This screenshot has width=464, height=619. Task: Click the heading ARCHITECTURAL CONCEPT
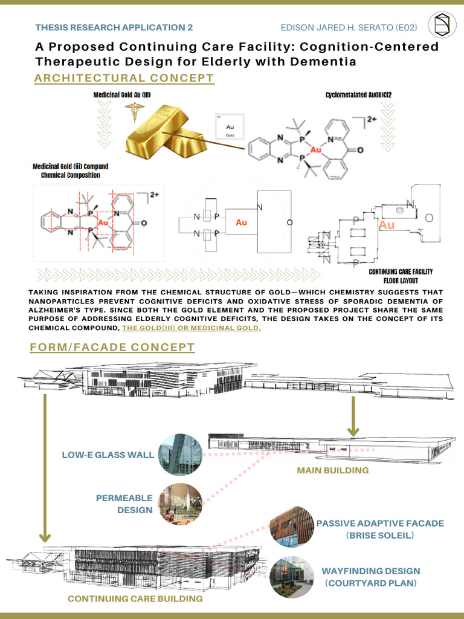[124, 78]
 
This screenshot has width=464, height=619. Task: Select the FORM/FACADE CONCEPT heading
[112, 347]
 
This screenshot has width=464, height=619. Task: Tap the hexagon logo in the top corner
[442, 25]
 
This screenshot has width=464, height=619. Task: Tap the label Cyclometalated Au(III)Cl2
[359, 95]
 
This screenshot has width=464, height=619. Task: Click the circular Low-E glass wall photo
[180, 455]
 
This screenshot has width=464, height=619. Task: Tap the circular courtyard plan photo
[290, 577]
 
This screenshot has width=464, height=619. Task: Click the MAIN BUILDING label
[332, 470]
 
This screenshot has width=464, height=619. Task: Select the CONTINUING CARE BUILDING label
[135, 598]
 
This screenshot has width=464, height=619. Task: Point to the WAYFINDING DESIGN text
[370, 571]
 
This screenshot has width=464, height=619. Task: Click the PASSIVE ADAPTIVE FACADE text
[380, 523]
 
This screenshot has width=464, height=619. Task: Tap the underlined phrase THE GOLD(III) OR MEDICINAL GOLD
[192, 328]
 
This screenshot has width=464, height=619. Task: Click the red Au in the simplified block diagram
[241, 223]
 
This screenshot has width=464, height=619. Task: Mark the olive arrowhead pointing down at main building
[353, 431]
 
